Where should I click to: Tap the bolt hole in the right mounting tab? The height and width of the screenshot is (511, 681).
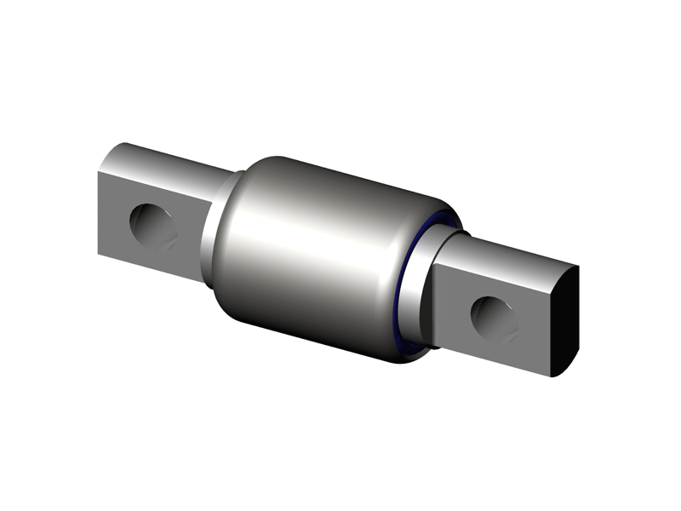pyautogui.click(x=495, y=319)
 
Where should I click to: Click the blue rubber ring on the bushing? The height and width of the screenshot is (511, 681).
pyautogui.click(x=407, y=281)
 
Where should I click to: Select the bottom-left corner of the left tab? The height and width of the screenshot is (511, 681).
pyautogui.click(x=100, y=253)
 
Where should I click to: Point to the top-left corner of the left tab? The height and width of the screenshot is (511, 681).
pyautogui.click(x=99, y=170)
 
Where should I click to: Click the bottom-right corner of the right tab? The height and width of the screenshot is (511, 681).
pyautogui.click(x=552, y=376)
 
